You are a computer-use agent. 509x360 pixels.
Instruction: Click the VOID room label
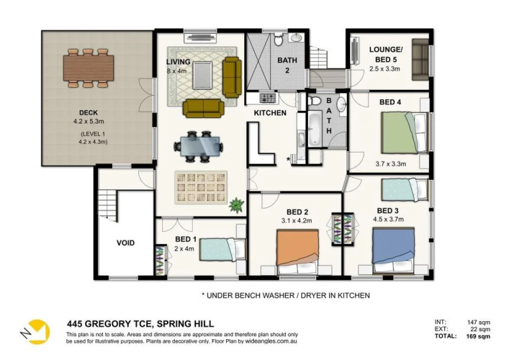tap(125, 243)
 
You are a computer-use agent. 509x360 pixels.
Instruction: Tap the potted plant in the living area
tap(236, 205)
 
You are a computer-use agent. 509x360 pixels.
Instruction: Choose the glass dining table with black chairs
tap(198, 146)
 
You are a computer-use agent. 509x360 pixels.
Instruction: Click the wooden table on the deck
tap(89, 68)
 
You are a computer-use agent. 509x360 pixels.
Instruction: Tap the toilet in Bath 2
tap(278, 39)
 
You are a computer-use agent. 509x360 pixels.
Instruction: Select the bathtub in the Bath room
tap(314, 127)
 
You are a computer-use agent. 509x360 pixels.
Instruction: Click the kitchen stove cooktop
tap(268, 98)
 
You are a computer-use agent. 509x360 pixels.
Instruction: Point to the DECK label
tap(89, 112)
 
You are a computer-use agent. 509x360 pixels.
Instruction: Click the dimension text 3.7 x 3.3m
tap(391, 164)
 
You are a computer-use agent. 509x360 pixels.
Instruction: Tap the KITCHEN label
tap(270, 112)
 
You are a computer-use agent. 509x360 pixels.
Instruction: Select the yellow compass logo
tap(37, 332)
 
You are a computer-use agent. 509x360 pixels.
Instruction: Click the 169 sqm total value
tap(478, 336)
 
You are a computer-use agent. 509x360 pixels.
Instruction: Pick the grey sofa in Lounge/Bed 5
tap(420, 60)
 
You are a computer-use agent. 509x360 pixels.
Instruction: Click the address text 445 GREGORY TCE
tap(109, 324)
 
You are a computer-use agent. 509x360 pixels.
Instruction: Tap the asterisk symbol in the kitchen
tap(288, 159)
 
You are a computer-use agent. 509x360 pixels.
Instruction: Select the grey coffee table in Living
tap(202, 75)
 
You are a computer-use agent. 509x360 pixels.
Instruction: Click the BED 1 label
tap(186, 240)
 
